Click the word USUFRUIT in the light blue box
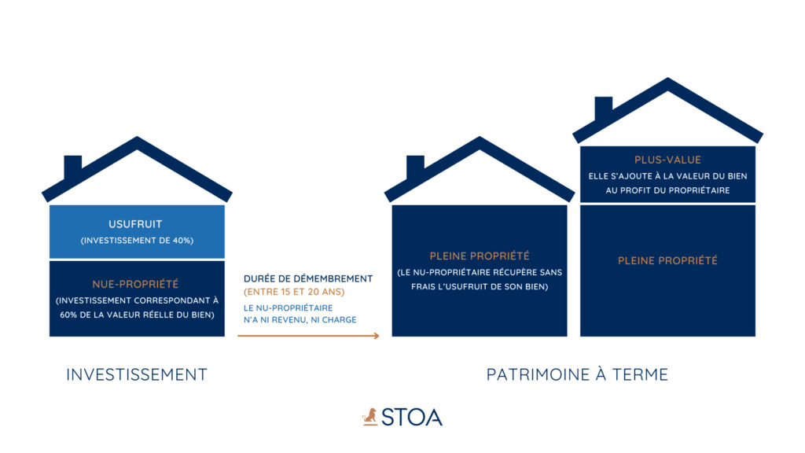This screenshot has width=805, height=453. (x=135, y=224)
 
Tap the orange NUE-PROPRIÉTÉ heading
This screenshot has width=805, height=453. (x=135, y=284)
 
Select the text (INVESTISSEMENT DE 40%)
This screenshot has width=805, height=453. (x=137, y=241)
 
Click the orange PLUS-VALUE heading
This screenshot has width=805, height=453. (x=667, y=160)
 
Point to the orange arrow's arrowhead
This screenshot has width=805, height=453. (x=377, y=336)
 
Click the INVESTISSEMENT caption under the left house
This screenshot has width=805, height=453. (x=137, y=374)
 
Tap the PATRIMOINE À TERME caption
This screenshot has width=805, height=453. (x=577, y=374)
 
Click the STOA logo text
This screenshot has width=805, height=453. (x=412, y=417)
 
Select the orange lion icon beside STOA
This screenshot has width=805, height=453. (x=369, y=417)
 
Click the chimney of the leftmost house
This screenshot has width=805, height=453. (x=73, y=167)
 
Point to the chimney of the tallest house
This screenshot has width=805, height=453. (x=603, y=107)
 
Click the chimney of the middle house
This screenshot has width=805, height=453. (x=415, y=167)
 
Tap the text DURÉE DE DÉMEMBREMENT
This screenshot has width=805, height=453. (x=308, y=279)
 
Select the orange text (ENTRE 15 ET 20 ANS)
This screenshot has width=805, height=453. (x=294, y=292)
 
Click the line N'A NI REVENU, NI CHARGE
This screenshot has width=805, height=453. (x=300, y=319)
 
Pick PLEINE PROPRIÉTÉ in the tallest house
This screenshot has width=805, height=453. (x=667, y=261)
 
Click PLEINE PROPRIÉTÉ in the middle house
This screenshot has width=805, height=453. (x=480, y=256)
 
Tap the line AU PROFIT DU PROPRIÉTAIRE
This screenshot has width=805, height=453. (x=667, y=190)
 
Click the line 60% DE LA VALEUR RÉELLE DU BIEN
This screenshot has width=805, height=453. (x=137, y=315)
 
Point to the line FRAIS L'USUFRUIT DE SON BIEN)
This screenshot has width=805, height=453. (x=480, y=286)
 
